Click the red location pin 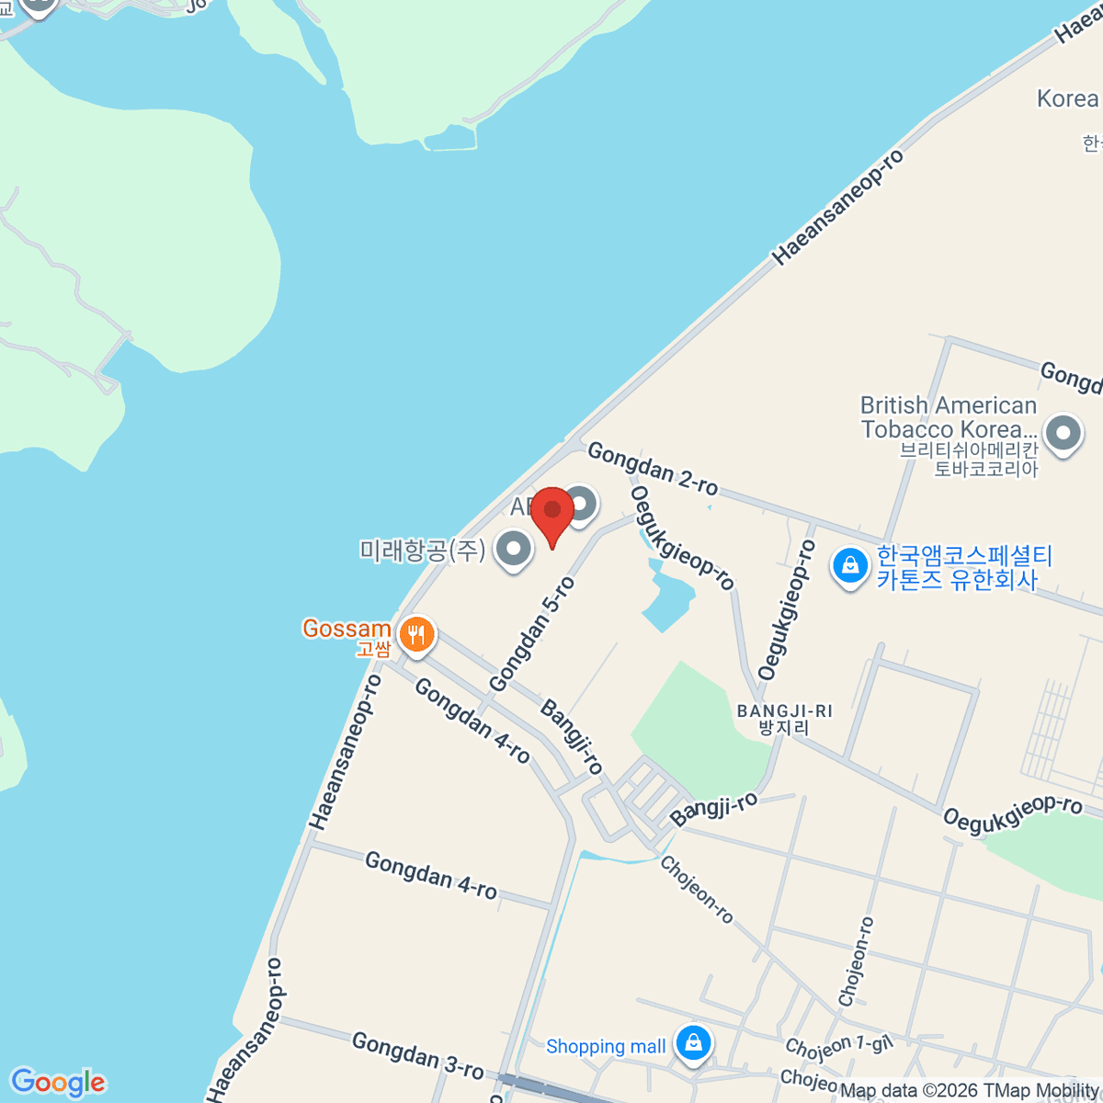551,513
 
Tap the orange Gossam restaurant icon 416,634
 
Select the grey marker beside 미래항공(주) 513,550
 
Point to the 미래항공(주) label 422,551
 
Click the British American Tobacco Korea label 948,418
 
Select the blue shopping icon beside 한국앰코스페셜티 850,566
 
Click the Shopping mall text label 606,1046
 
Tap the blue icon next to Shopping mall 693,1043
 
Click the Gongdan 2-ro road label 653,468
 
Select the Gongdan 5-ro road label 532,634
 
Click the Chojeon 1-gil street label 838,1046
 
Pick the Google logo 58,1082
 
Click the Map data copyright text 970,1091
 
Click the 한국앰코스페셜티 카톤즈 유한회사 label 963,567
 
